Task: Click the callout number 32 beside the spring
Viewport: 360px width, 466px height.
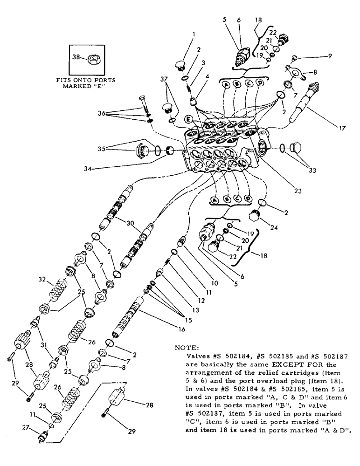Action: point(42,280)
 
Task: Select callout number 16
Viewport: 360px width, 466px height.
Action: point(180,329)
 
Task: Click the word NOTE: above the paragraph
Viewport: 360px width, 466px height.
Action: point(187,348)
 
